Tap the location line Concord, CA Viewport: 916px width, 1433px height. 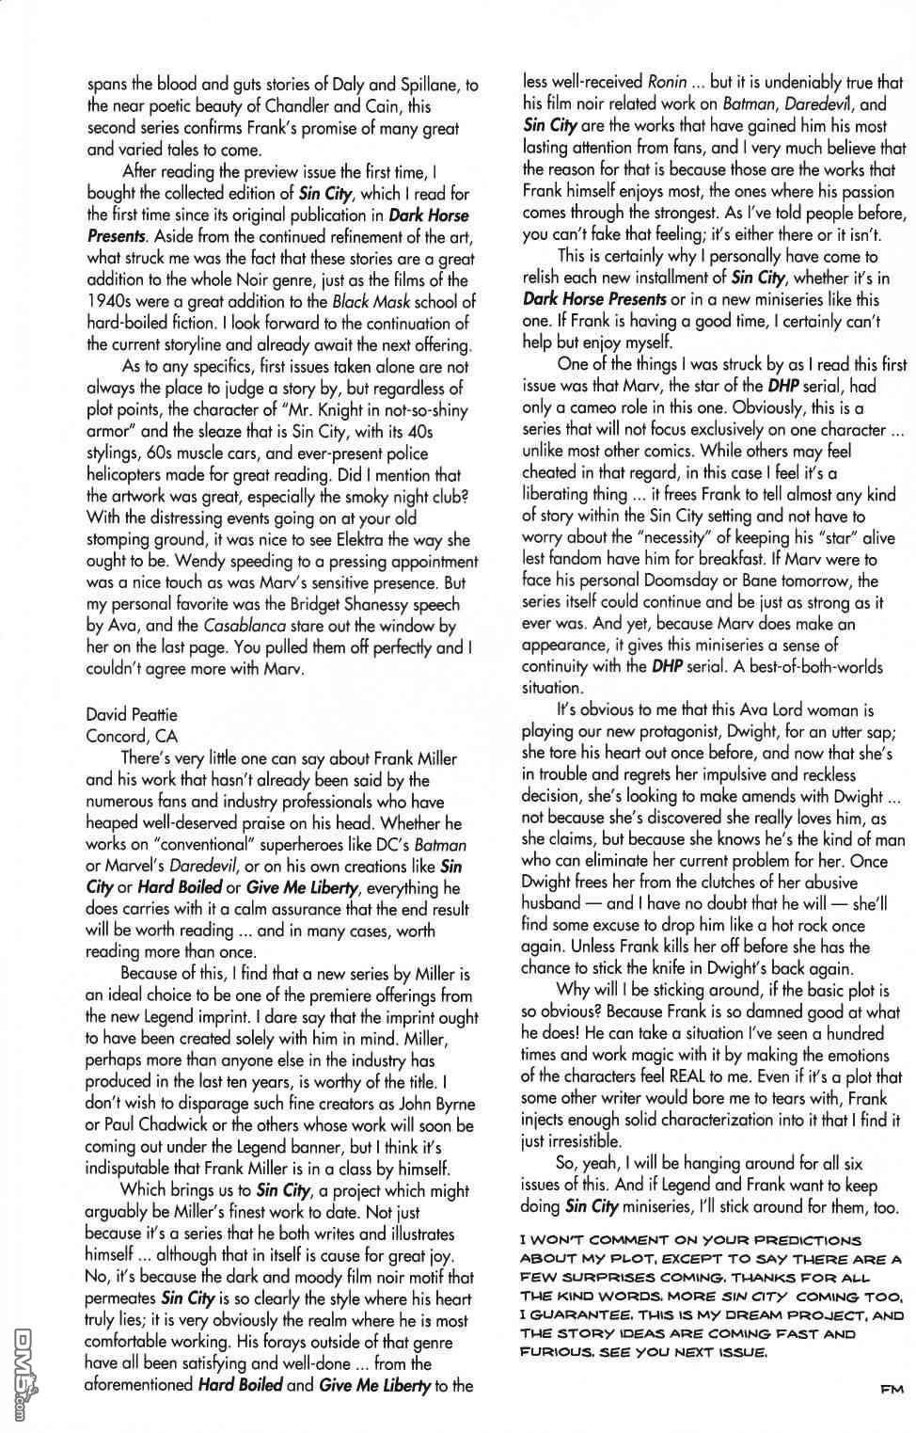[132, 737]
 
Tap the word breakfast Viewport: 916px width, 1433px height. [698, 559]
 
